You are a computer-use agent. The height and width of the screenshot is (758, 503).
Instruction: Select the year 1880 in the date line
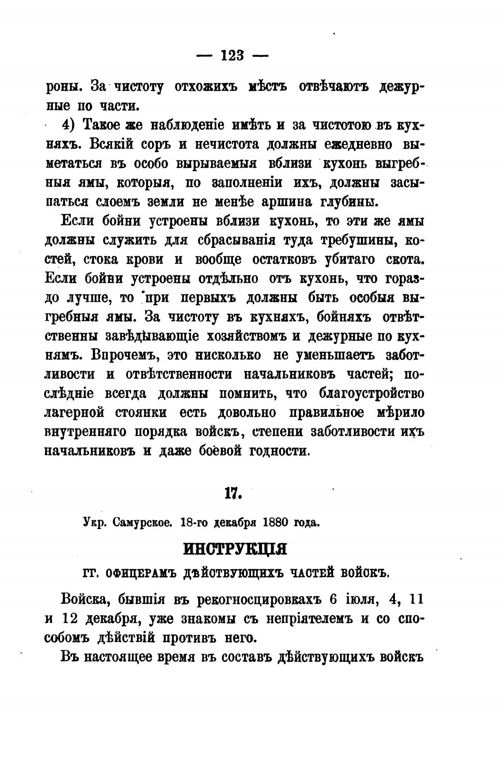[x=275, y=523]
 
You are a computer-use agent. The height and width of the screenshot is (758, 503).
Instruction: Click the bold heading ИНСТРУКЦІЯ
[x=235, y=550]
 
